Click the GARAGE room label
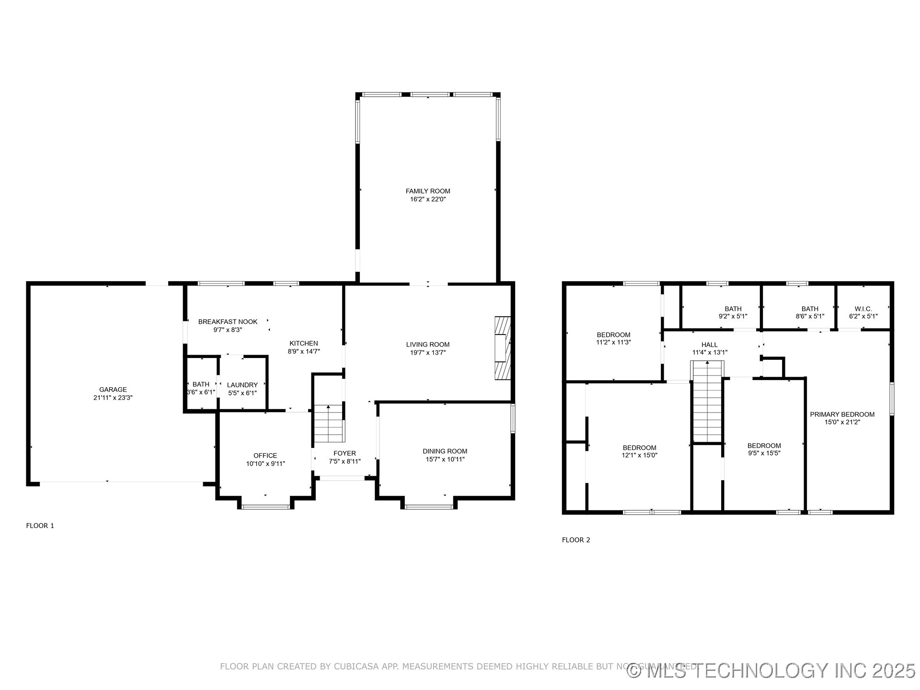[113, 390]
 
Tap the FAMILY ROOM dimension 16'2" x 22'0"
[427, 199]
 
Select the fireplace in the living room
[503, 348]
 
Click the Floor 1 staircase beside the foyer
[329, 424]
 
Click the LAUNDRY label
[242, 385]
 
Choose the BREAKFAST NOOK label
[228, 322]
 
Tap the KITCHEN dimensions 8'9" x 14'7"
[303, 352]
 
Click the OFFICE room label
[265, 456]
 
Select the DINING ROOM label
[445, 451]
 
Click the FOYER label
[345, 453]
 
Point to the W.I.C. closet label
[863, 309]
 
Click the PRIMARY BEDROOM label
[842, 414]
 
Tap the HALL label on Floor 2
[709, 345]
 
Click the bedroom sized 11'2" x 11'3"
[613, 338]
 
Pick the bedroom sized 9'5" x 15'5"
[764, 449]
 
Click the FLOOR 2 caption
[575, 540]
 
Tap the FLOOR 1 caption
[40, 526]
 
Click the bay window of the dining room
[428, 506]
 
